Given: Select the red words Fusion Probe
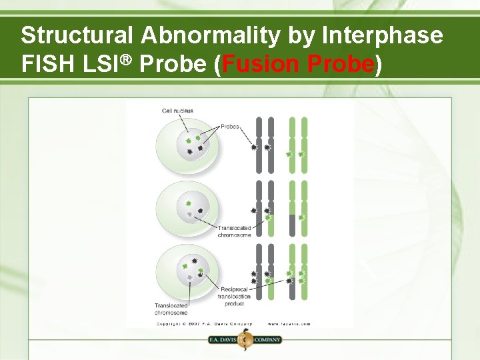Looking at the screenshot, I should (x=298, y=64).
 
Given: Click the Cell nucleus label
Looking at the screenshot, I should (x=178, y=111).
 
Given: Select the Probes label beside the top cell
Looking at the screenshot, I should (x=229, y=126).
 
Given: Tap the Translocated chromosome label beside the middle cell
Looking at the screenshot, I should (x=234, y=231).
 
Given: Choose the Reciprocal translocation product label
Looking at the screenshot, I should (x=234, y=296).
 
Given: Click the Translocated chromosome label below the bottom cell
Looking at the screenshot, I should (x=171, y=309).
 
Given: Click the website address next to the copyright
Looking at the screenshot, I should (x=289, y=324).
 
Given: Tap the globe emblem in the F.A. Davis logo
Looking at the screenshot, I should (x=245, y=339).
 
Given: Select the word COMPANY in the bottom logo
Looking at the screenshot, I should (x=267, y=339).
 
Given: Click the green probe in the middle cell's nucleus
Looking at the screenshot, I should (x=189, y=203).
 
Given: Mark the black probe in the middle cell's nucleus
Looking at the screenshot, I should (x=200, y=211).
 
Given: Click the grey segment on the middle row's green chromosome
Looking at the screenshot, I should (x=292, y=225).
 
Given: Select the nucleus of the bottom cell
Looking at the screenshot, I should (x=191, y=269).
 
